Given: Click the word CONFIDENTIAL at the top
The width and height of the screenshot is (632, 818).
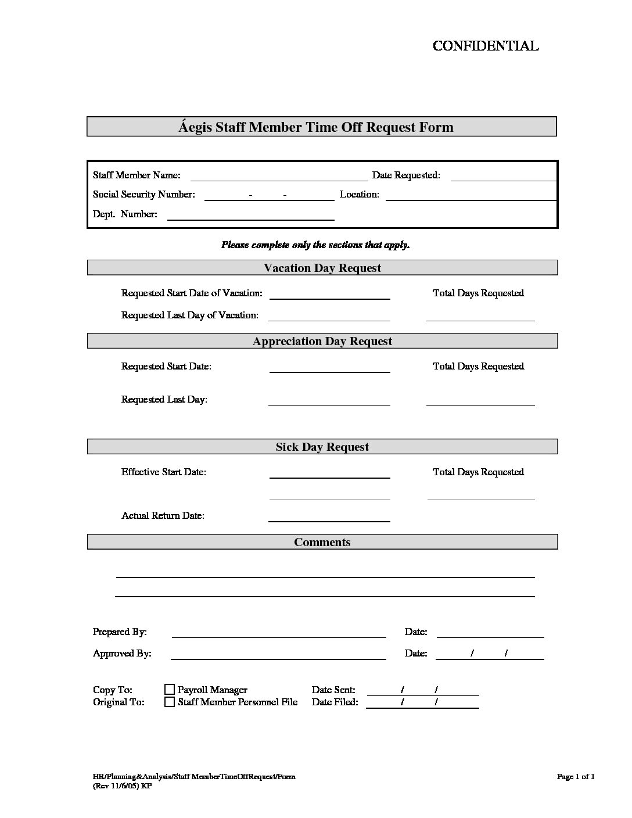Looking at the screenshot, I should (x=486, y=46).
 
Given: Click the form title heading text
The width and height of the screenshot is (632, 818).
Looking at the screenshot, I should (x=316, y=127).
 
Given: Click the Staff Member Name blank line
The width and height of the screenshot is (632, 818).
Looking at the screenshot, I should (x=279, y=176).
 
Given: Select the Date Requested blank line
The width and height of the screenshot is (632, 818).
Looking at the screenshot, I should (x=503, y=176).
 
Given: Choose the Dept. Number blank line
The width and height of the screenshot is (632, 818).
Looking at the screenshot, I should (x=250, y=216).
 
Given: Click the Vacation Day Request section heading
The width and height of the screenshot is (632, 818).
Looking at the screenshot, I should (x=322, y=268).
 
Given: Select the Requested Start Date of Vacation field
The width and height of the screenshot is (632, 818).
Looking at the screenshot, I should (x=329, y=295).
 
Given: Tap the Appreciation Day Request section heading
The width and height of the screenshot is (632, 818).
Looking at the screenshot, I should (x=322, y=341).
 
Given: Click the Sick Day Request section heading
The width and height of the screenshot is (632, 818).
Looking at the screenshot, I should (x=322, y=447).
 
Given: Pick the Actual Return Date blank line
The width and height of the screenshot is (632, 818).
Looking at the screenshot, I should (x=329, y=517).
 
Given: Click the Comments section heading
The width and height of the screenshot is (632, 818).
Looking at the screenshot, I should (x=322, y=542).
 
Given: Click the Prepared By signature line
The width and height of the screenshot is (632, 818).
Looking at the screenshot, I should (x=279, y=633).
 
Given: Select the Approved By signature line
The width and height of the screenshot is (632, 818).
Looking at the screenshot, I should (x=279, y=655).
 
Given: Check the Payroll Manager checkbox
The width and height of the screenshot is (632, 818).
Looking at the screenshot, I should (x=170, y=690).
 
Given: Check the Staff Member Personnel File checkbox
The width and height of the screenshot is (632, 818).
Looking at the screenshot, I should (x=170, y=702).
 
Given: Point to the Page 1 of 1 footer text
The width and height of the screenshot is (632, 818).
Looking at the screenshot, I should (x=576, y=777).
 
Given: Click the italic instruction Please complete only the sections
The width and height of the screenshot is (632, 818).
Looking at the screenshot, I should (x=315, y=245).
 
